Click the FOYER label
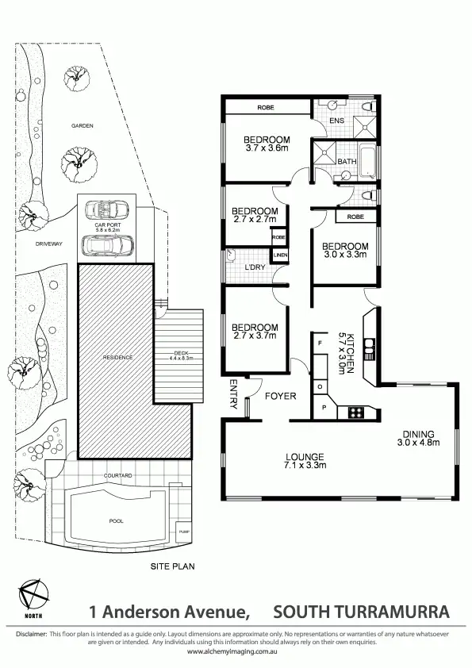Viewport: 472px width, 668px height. pos(280,395)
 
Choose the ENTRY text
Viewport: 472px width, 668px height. pos(234,394)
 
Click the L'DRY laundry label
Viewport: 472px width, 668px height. pos(255,267)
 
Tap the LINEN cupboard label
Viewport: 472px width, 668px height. pos(280,255)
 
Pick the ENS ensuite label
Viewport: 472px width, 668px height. pos(336,121)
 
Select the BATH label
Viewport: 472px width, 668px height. pos(347,162)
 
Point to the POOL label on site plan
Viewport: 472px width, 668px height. pos(116,521)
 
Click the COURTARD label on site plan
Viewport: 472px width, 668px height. pos(117,476)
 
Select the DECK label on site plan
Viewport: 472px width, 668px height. pos(182,355)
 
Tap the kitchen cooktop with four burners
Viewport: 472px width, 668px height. pos(352,413)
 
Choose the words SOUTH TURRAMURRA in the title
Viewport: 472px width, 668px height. pos(361,612)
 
